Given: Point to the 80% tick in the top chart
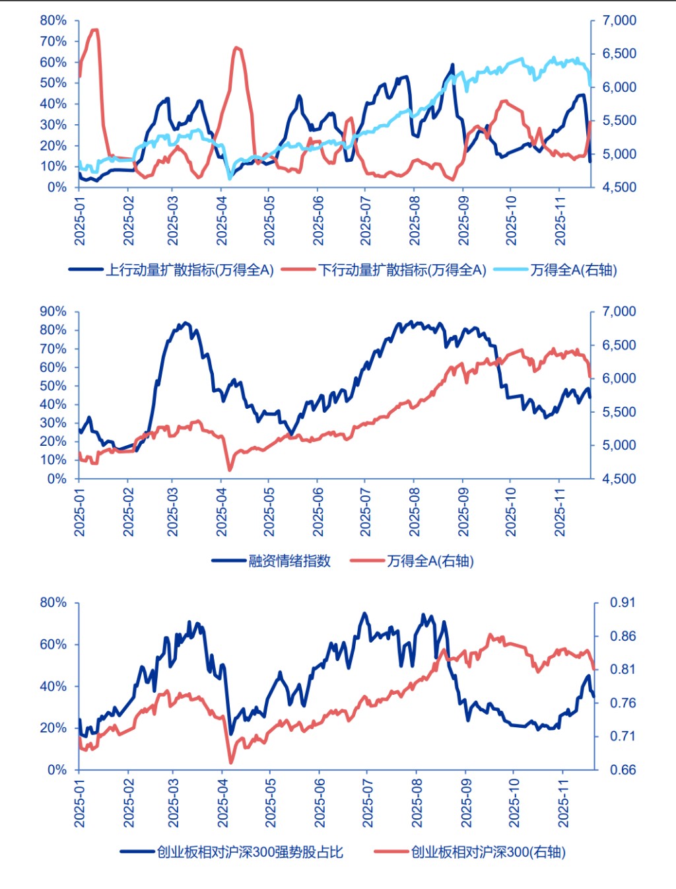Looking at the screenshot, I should pos(53,20).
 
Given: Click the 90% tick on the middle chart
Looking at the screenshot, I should pos(53,311).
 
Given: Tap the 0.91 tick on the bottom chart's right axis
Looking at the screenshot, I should pos(623,602).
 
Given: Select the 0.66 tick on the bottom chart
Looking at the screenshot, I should pos(623,769).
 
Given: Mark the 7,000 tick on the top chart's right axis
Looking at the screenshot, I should pos(619,20).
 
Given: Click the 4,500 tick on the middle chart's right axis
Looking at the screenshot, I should pos(619,478).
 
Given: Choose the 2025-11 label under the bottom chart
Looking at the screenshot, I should pos(563,802).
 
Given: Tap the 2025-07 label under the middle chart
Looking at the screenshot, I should pos(365,512).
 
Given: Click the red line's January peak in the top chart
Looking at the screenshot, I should pos(94,30).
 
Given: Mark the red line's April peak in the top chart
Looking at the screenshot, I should pos(237,48).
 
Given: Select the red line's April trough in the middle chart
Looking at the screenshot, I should pos(230,470).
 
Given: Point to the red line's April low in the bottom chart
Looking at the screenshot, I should pos(231,762).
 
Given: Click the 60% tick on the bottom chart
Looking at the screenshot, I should pos(53,644).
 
